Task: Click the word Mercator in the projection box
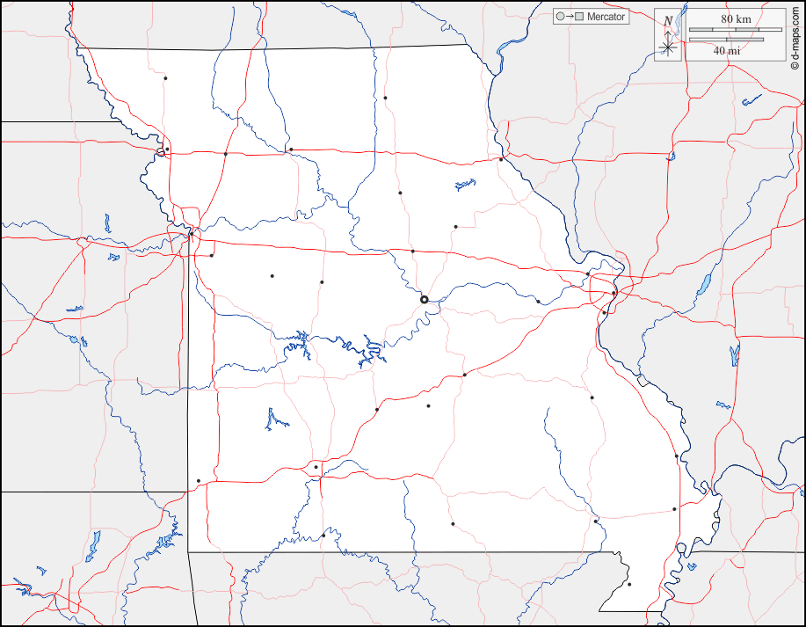coord(606,17)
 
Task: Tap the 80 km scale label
coord(736,19)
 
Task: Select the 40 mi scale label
coord(726,51)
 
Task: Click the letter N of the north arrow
coord(668,21)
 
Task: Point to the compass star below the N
coord(668,47)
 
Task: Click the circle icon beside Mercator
coord(559,17)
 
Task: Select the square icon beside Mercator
coord(579,17)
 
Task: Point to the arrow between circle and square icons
coord(569,17)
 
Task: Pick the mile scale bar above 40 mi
coord(726,40)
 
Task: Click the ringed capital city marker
coord(425,300)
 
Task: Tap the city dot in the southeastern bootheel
coord(629,584)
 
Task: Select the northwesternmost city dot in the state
coord(165,78)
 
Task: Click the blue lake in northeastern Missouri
coord(464,185)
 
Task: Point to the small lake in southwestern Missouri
coord(276,419)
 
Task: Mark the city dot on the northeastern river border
coord(501,159)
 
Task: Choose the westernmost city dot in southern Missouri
coord(199,480)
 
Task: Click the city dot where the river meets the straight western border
coord(191,233)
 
